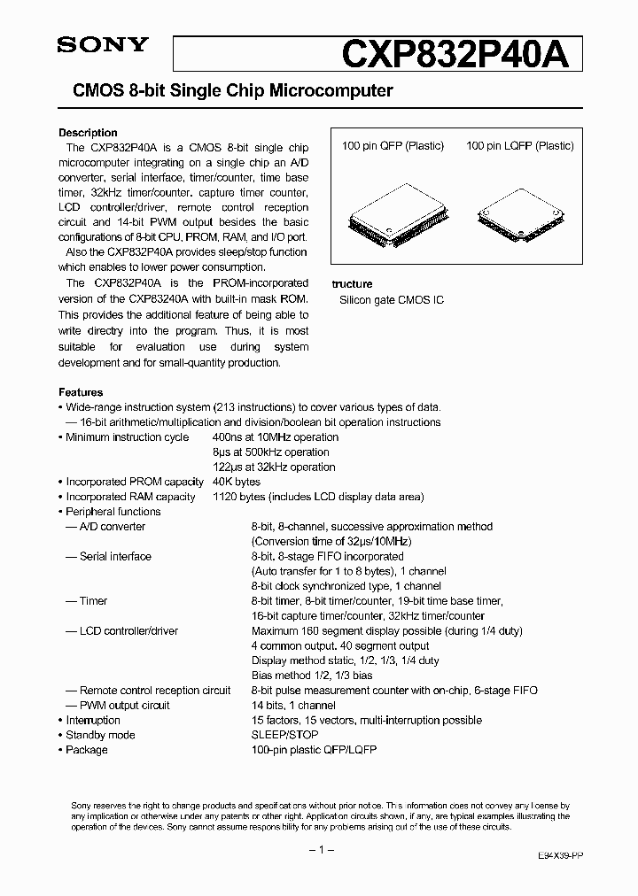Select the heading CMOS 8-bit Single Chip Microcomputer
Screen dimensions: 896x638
tap(225, 91)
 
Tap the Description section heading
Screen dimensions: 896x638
tap(88, 133)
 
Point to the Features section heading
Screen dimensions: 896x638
tap(81, 392)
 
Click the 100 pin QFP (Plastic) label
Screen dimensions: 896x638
tap(393, 146)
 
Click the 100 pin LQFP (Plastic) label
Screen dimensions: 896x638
tap(519, 146)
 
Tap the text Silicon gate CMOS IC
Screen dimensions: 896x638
tap(392, 300)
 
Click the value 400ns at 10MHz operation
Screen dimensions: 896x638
tap(276, 437)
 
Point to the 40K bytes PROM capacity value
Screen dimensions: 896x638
tap(237, 482)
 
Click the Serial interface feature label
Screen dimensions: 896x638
tap(115, 557)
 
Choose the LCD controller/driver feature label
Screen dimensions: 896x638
tap(128, 631)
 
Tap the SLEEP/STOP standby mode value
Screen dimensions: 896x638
tap(283, 735)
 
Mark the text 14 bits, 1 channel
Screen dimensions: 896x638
tap(293, 706)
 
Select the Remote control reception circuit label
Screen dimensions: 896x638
tap(155, 691)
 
